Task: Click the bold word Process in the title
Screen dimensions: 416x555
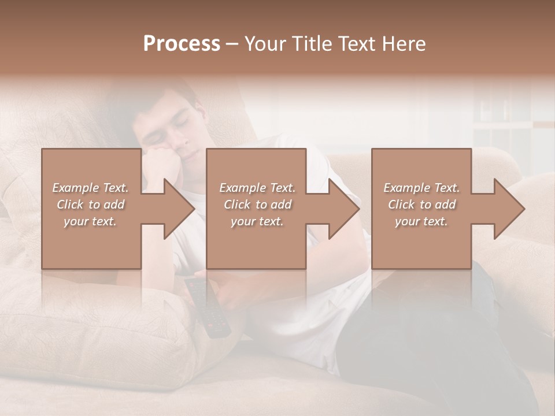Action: pos(182,43)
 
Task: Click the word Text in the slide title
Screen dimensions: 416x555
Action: pos(357,43)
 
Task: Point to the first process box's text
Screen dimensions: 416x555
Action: pos(90,205)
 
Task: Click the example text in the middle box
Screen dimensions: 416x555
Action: pos(257,205)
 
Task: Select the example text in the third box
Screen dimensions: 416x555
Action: pos(421,205)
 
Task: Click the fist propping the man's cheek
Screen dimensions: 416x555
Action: pos(165,165)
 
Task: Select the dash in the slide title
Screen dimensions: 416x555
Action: pos(232,44)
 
